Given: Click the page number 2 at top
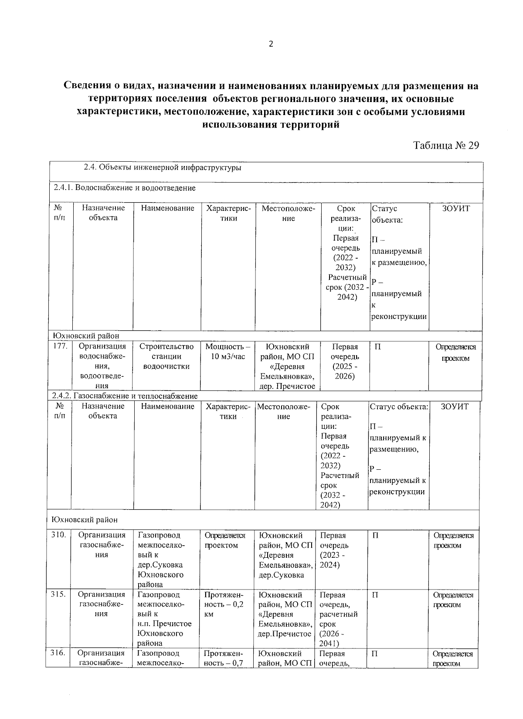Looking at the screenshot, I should pos(271,44).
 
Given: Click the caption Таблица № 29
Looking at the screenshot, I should pos(446,146).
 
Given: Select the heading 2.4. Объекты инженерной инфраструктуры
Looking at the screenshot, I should pos(163,167).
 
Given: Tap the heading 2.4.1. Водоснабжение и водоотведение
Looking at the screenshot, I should pos(125,188).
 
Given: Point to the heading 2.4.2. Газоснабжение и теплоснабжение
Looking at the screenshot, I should pos(125,396).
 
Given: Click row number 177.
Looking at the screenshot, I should pos(59,346).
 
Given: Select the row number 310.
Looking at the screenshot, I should pos(58,535).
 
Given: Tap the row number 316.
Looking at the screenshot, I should pos(58,653).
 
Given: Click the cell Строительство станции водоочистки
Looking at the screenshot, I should pos(166,356).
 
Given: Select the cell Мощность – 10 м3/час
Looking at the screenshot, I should pos(228,352).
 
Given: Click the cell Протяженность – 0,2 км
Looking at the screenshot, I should pos(224,604).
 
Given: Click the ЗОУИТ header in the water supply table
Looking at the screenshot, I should pos(456,208).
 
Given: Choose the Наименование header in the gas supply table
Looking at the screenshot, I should pos(167,406).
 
